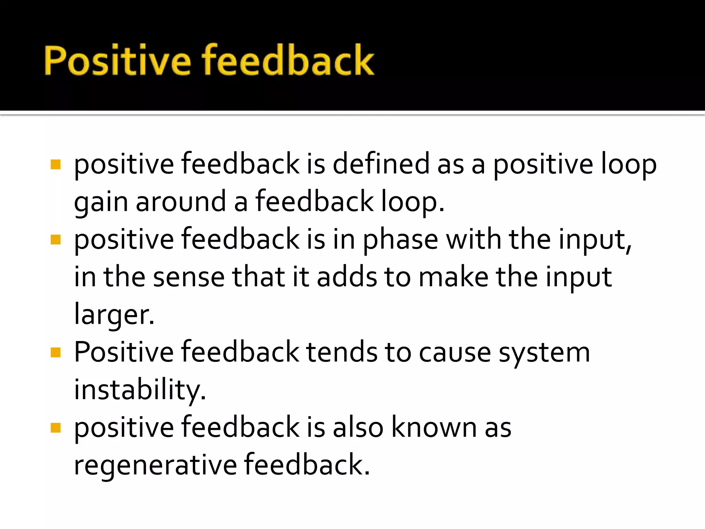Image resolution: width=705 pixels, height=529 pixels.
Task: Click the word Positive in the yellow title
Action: coord(117,60)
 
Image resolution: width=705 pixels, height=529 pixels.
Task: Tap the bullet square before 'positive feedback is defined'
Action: coord(55,164)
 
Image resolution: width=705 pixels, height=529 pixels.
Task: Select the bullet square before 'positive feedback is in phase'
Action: coord(55,239)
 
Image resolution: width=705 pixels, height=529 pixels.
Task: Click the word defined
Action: coord(381,164)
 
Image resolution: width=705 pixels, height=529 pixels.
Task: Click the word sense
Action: coord(189,278)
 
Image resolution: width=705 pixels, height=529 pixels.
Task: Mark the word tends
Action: coord(341,352)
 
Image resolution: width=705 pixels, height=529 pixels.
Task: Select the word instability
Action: coord(140,390)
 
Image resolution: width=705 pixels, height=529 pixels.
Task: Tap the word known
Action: coord(434,427)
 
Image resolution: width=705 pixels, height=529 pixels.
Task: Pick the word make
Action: coord(453,277)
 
